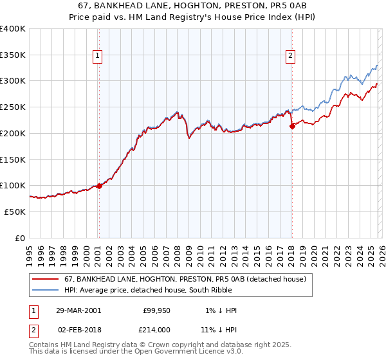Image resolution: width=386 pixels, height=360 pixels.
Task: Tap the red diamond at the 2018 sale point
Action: click(292, 126)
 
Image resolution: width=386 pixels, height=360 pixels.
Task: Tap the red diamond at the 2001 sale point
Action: click(99, 186)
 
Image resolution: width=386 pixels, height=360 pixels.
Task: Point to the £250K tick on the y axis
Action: click(13, 107)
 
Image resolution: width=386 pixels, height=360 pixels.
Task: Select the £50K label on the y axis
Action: click(15, 212)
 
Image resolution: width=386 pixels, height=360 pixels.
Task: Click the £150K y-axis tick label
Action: click(13, 159)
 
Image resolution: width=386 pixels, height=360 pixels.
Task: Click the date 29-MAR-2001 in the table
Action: click(78, 310)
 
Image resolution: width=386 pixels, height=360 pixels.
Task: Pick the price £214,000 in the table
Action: click(156, 329)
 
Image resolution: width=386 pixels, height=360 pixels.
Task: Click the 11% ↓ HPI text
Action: click(218, 329)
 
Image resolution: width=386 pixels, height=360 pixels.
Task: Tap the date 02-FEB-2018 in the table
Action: click(78, 329)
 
